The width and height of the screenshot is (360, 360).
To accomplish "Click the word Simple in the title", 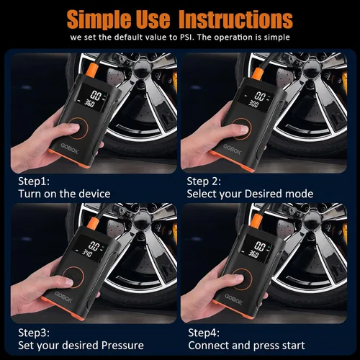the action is pos(99,19).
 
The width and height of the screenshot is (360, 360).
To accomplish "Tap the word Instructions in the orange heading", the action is pos(235,19).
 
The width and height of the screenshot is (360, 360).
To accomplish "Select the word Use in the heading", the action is pos(153,19).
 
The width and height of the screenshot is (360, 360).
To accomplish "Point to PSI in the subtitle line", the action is pos(186,37).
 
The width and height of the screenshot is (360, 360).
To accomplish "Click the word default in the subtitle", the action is pos(128,37).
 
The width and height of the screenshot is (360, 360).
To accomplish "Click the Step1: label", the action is pos(34,181).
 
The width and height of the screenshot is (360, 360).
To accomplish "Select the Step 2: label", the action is pos(204,181).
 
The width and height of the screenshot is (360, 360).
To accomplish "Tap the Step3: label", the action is pos(34,333).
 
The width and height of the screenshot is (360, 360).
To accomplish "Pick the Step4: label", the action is pos(204,333).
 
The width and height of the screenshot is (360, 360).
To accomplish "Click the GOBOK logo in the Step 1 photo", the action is pos(70,149).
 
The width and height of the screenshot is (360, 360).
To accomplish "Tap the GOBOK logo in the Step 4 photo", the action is pos(234,300).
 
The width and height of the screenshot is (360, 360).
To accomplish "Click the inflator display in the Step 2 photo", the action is pos(256,98).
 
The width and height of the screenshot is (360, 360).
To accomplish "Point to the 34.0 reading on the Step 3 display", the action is pos(87,253).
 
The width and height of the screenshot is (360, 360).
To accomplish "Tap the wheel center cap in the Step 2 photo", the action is pos(311,68).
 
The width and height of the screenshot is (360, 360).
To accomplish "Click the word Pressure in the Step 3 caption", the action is pos(122,346).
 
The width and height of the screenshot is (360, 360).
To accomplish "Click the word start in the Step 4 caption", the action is pos(293,346).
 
